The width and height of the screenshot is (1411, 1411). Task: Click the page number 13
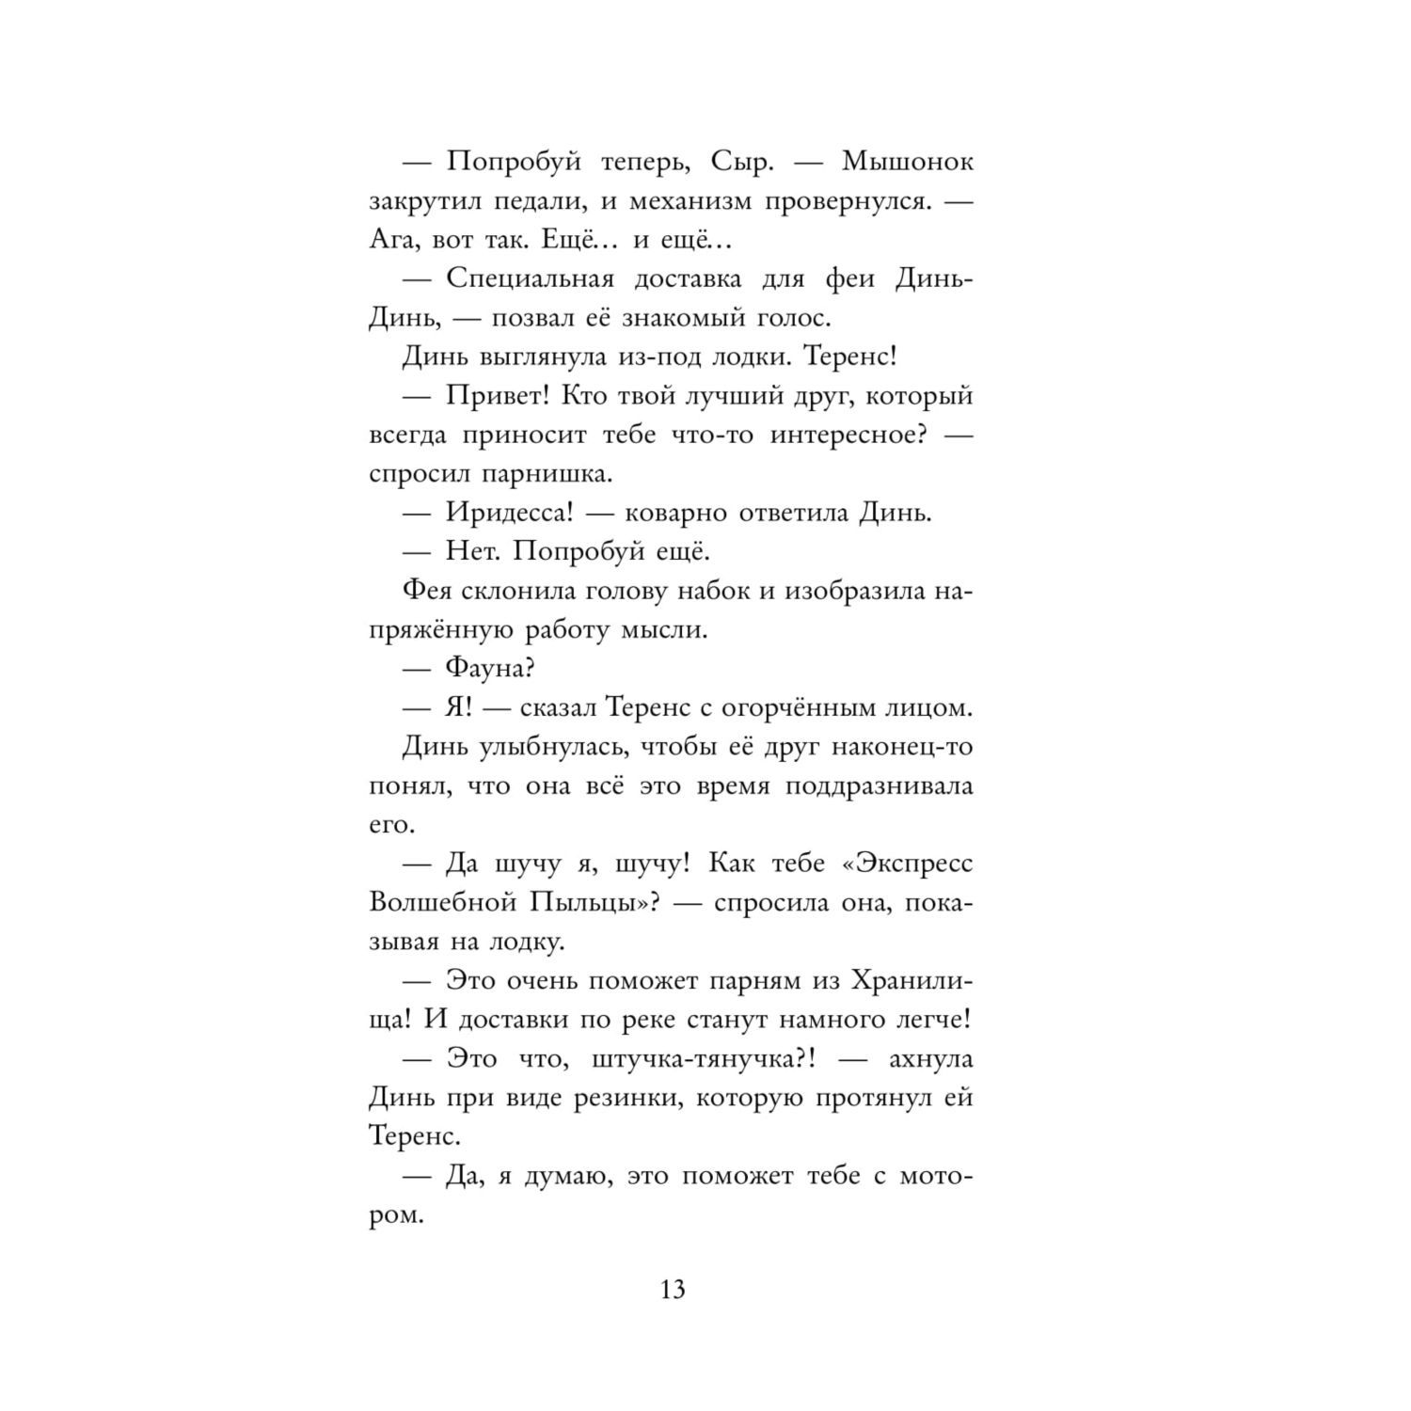pos(673,1289)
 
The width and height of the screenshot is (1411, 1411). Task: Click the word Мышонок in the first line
pos(907,162)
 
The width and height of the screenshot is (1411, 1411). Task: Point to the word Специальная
pos(530,279)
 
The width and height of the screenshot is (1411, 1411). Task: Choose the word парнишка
pos(546,474)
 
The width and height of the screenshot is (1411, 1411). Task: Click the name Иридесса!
pos(511,514)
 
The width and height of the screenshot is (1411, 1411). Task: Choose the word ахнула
pos(930,1059)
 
